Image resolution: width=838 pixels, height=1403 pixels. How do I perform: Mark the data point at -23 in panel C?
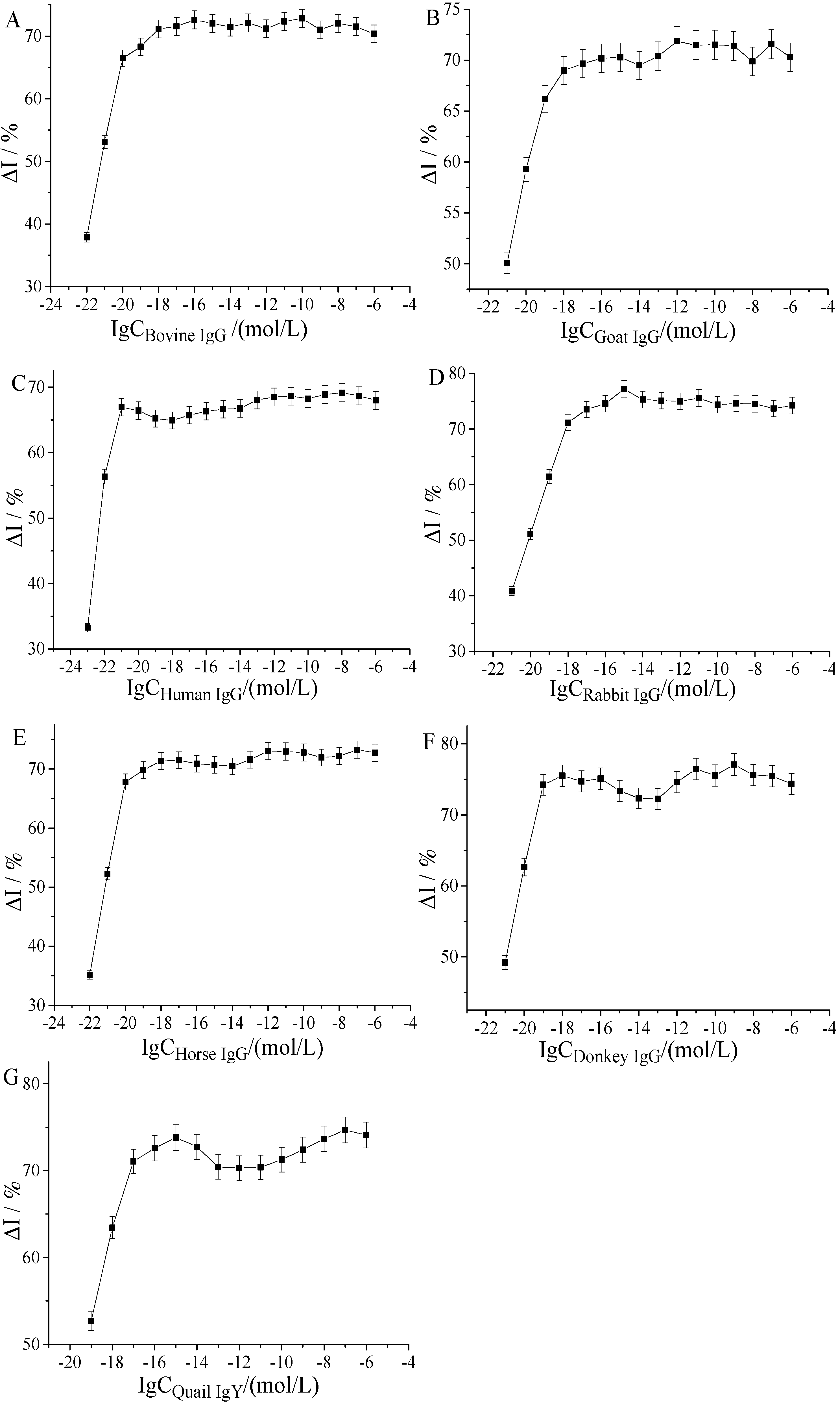click(x=88, y=627)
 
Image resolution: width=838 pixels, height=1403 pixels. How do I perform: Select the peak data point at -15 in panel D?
click(x=624, y=389)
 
